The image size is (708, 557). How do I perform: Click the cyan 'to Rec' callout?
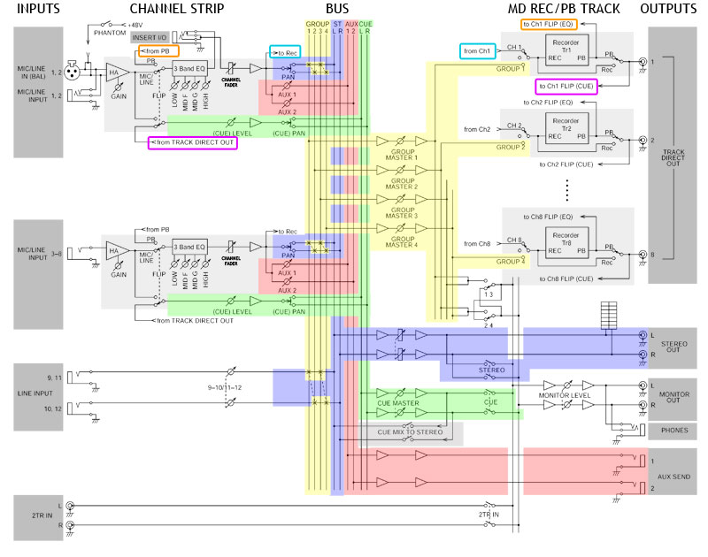(284, 51)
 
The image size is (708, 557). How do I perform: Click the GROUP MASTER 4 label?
(403, 244)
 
